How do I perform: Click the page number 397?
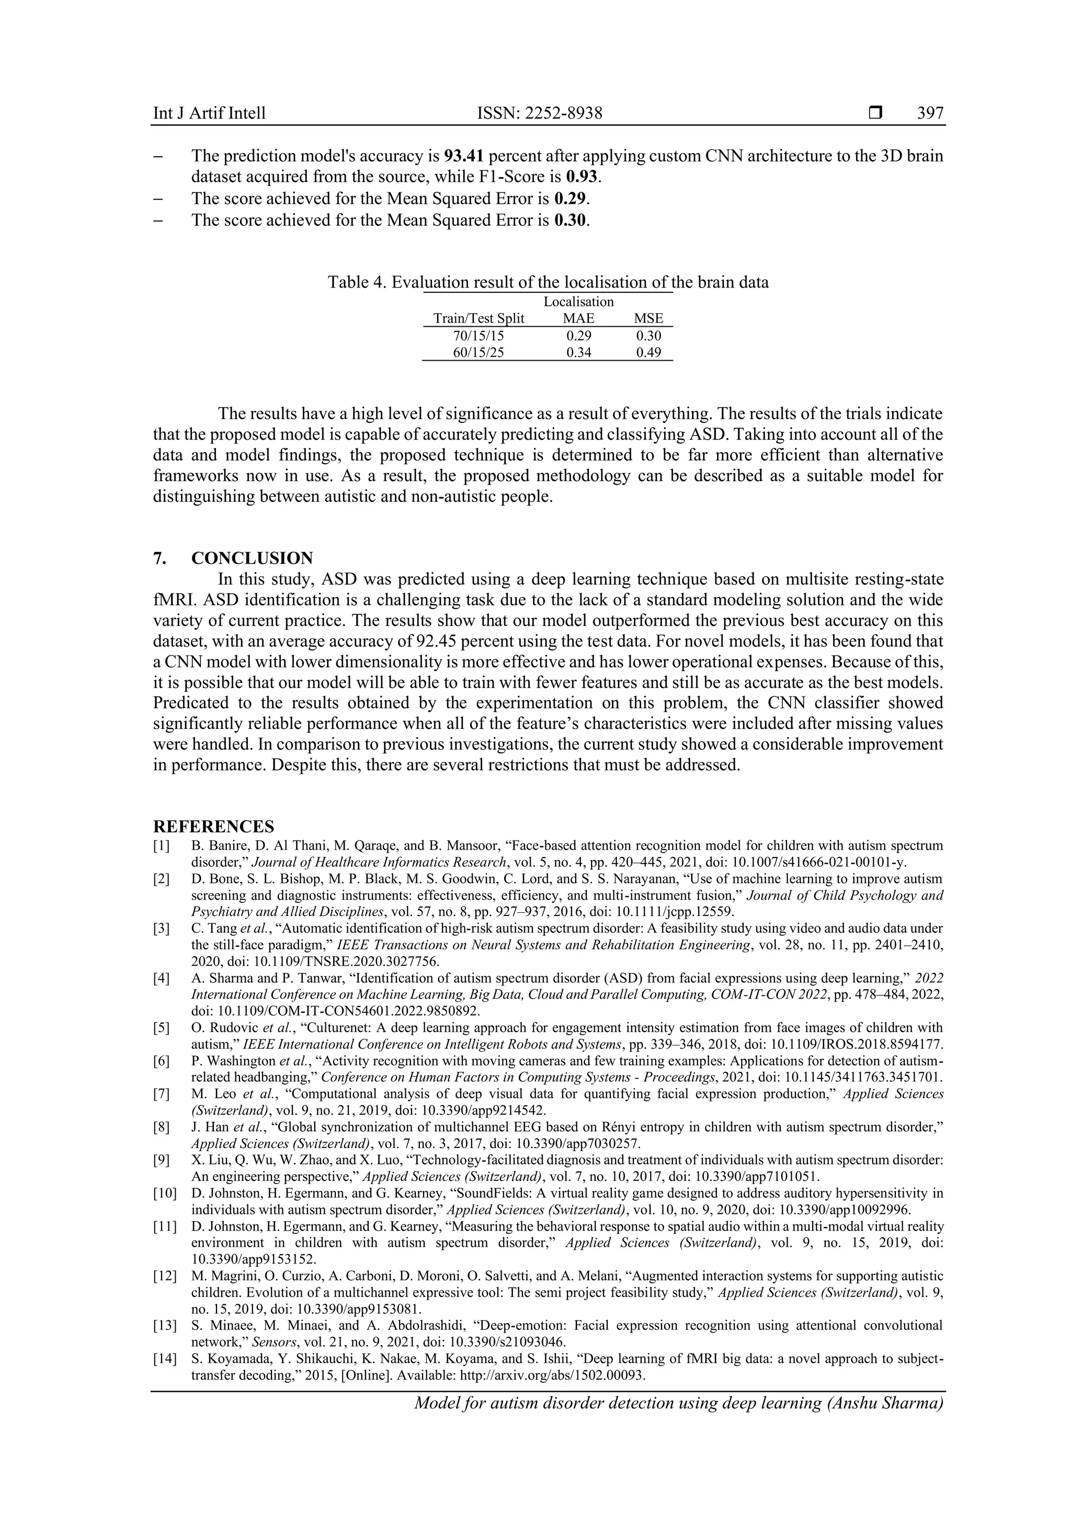click(930, 113)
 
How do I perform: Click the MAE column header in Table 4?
click(578, 318)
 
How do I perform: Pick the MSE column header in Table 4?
click(648, 318)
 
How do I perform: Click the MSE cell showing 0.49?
click(648, 353)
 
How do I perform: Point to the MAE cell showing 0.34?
click(578, 353)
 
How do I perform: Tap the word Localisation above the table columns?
click(578, 302)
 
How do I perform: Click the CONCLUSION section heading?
click(252, 558)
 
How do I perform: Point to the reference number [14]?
click(165, 1358)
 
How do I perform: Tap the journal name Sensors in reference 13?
click(271, 1342)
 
